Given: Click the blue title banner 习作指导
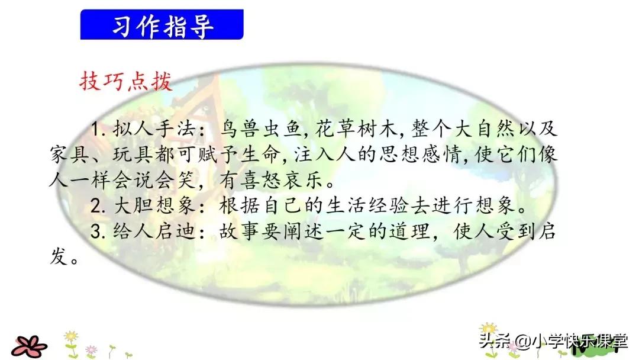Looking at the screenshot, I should (162, 25).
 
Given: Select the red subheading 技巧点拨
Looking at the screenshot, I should (125, 82).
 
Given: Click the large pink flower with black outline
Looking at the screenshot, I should (30, 345).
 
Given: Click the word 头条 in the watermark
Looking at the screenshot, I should (493, 342).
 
